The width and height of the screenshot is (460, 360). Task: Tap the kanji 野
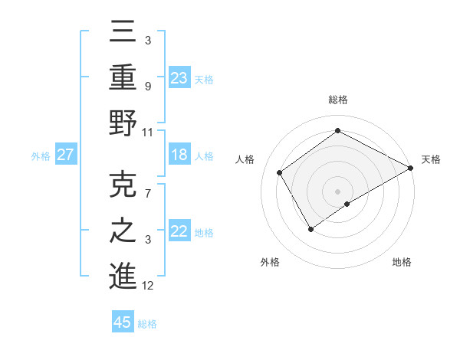[x=123, y=122]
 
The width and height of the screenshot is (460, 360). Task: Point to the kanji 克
[x=123, y=186]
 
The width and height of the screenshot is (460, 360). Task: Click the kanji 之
[x=123, y=231]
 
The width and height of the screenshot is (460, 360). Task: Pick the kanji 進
[x=123, y=275]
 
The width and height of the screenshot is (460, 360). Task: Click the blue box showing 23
[x=179, y=77]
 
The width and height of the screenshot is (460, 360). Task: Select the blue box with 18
[x=179, y=155]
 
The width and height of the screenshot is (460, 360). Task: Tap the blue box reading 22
[x=179, y=232]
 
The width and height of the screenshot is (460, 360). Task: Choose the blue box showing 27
[x=66, y=155]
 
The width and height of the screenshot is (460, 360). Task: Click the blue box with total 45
[x=123, y=322]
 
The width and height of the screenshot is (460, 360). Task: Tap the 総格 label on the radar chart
[x=337, y=100]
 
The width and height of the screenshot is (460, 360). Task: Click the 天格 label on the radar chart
[x=431, y=159]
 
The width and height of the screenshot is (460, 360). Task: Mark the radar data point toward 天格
[x=411, y=168]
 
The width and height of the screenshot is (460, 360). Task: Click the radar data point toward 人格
[x=280, y=172]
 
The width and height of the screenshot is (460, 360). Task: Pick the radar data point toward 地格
[x=347, y=204]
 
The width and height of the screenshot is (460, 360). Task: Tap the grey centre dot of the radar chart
[x=337, y=190]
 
